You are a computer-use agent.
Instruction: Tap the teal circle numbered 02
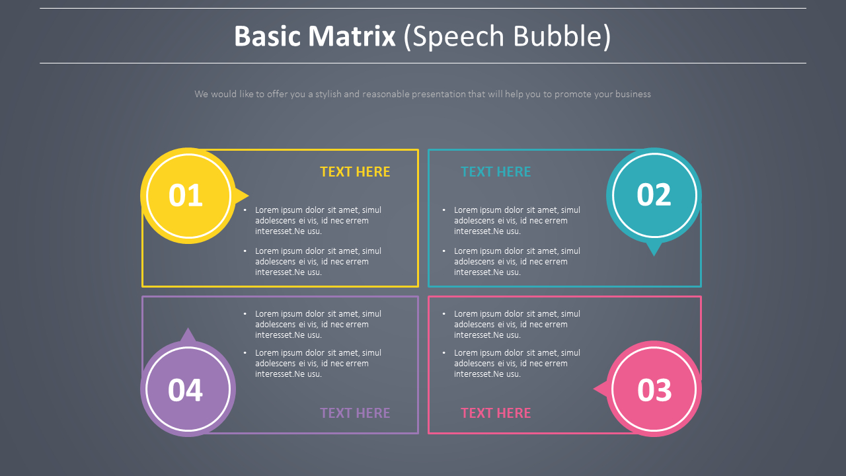(654, 195)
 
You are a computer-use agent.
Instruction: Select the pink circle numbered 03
(654, 389)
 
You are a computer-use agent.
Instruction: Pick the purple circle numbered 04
(188, 389)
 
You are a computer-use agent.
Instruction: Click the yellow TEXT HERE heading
(355, 172)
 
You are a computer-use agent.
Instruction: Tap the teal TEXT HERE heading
(496, 172)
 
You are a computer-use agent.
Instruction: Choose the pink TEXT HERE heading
(496, 413)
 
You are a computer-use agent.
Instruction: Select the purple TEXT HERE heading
(355, 413)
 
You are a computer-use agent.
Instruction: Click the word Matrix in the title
(351, 36)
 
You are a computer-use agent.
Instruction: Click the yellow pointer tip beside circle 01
(243, 195)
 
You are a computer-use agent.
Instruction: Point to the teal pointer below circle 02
(654, 249)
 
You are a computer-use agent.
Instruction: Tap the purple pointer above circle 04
(188, 335)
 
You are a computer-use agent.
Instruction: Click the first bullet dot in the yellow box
(245, 210)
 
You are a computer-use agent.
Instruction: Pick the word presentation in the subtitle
(438, 95)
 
